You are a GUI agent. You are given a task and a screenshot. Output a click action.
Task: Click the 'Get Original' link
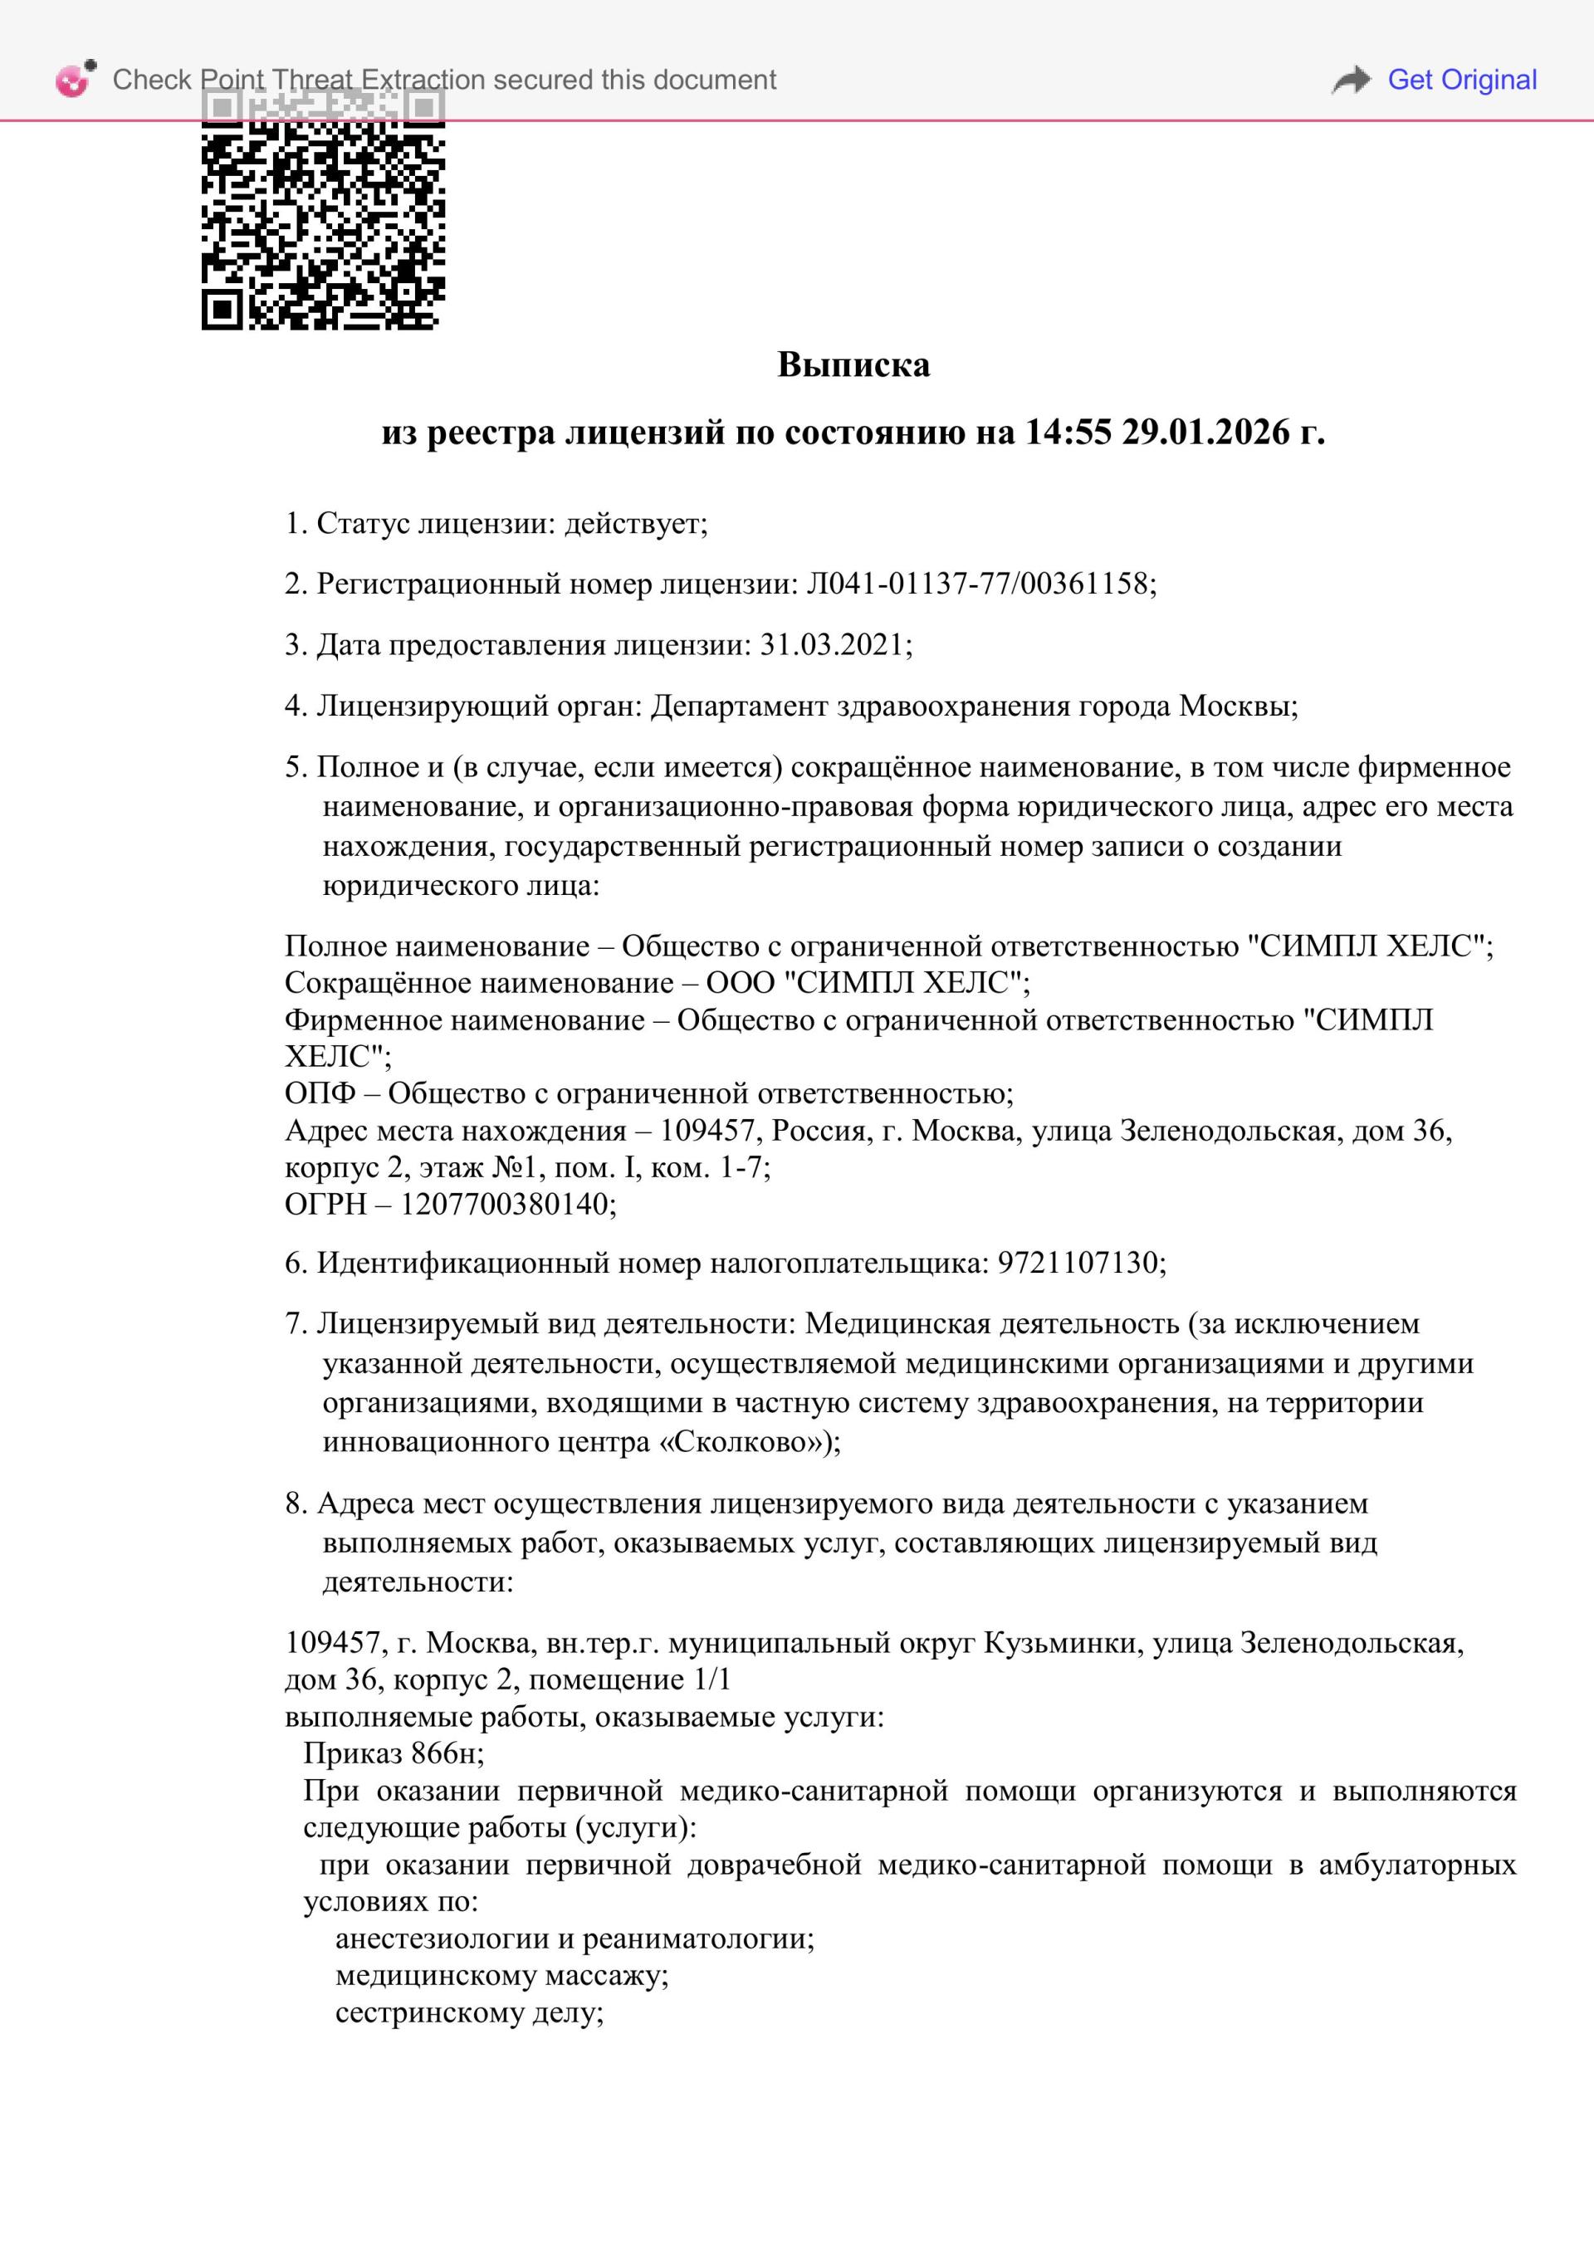1460,80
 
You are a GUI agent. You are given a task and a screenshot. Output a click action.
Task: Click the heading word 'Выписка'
853,365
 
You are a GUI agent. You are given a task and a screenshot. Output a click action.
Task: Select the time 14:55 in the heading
1068,433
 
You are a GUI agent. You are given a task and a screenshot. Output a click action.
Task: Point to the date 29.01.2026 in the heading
1206,433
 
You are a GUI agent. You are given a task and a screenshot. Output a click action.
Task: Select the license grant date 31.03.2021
831,645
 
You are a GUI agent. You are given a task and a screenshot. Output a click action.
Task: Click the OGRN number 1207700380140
505,1205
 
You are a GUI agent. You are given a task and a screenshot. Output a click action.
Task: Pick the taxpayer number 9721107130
1078,1264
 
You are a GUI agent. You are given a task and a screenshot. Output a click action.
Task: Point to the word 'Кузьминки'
1060,1643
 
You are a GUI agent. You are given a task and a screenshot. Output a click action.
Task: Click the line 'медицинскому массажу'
501,1975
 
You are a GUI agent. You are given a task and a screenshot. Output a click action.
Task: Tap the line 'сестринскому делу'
468,2012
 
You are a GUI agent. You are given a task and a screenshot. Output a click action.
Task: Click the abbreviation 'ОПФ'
320,1093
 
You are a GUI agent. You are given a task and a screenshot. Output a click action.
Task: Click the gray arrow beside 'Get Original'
1352,80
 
